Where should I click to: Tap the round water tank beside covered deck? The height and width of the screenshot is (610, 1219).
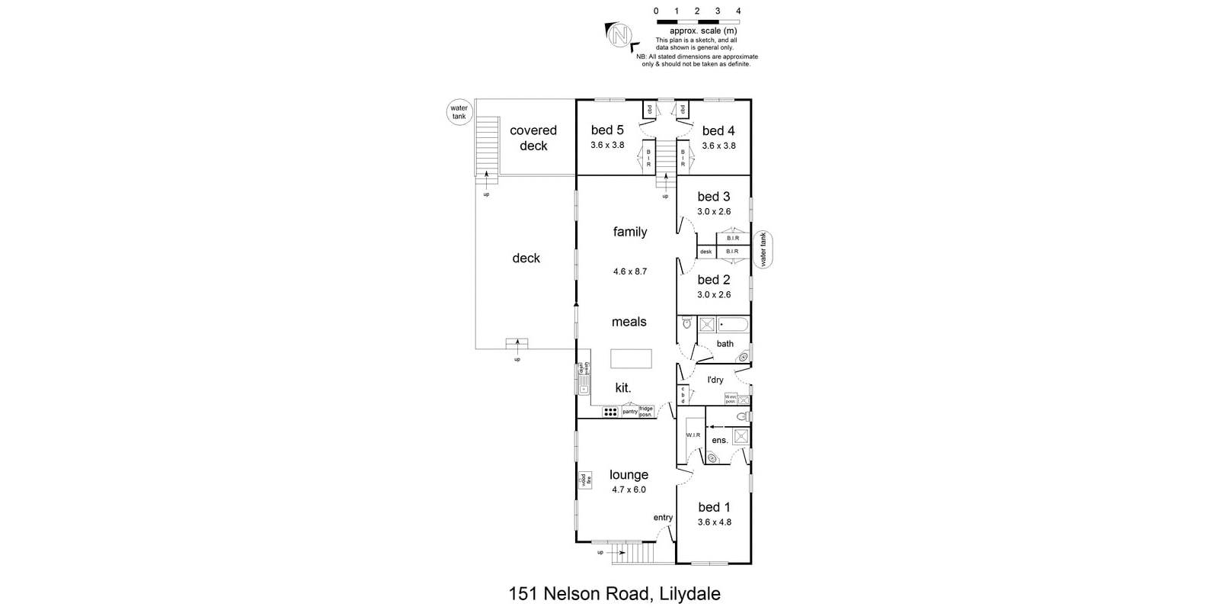click(459, 113)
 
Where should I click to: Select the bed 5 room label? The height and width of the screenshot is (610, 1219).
click(607, 130)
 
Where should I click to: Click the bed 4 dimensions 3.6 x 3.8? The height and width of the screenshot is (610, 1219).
click(718, 146)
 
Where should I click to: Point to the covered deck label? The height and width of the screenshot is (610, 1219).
click(533, 138)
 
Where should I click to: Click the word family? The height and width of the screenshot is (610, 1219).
click(630, 232)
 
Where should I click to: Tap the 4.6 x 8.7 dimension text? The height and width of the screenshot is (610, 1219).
click(630, 271)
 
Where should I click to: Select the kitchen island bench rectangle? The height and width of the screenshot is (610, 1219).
click(631, 358)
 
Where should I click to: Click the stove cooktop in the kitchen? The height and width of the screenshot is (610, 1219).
click(610, 412)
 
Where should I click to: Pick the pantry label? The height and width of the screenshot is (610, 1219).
click(630, 412)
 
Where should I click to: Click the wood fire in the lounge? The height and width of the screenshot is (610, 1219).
click(585, 480)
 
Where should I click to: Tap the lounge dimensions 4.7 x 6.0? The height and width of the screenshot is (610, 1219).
click(629, 490)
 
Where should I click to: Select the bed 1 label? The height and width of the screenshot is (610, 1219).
click(714, 507)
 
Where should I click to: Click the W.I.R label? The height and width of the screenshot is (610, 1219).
click(693, 435)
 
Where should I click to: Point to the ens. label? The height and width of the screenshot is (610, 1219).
click(719, 440)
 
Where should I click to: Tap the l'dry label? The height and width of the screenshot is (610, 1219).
click(715, 380)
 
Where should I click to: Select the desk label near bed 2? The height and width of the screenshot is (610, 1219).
click(705, 252)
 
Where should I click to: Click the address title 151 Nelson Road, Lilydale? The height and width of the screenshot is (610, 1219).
click(614, 594)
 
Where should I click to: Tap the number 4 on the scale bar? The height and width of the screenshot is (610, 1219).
click(738, 11)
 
